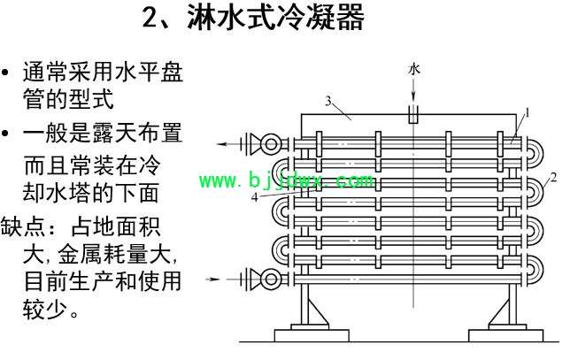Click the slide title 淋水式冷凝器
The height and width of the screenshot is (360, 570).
click(x=275, y=17)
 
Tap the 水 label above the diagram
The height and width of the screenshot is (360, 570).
click(x=414, y=69)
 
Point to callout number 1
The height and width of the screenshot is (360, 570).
click(x=528, y=113)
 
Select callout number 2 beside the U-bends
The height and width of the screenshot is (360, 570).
click(x=553, y=178)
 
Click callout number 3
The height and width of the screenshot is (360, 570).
click(x=328, y=101)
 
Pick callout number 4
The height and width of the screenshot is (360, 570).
click(x=255, y=197)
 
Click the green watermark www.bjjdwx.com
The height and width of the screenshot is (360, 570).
click(x=287, y=180)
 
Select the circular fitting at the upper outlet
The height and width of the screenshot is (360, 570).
click(x=271, y=144)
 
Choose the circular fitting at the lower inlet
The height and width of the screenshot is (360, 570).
click(x=271, y=279)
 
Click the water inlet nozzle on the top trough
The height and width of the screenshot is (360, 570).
click(x=413, y=114)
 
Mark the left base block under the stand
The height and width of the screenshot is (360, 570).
click(x=312, y=335)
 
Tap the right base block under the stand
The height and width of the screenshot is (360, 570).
click(x=506, y=335)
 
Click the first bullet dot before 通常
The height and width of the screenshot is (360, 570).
click(x=4, y=73)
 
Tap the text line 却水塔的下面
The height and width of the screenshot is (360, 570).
click(x=91, y=193)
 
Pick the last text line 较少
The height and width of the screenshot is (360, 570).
click(x=51, y=310)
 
